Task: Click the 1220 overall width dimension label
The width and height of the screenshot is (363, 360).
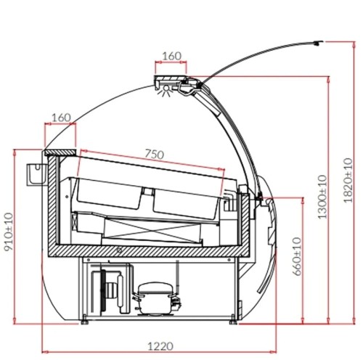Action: (160, 346)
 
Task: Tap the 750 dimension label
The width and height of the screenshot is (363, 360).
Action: (155, 154)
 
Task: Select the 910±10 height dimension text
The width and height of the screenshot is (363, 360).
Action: (8, 232)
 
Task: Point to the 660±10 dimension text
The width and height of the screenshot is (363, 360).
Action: (297, 256)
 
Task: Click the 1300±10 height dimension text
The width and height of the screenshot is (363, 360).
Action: (322, 197)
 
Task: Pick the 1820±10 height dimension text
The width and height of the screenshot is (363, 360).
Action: (348, 180)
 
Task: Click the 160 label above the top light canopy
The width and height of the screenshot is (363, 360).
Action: (171, 56)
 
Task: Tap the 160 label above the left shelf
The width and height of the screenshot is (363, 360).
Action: (61, 118)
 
